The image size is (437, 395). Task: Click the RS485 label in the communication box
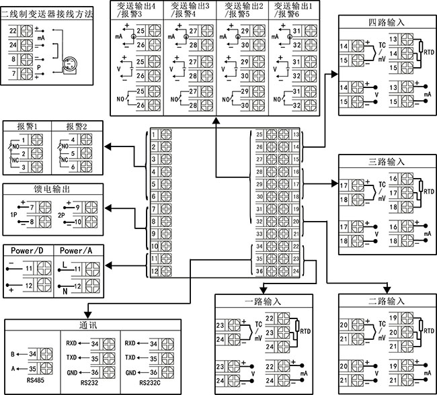(x=36, y=380)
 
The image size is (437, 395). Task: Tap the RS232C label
(x=150, y=383)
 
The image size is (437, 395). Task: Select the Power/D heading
(x=27, y=251)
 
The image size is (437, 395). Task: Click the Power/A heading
(x=76, y=251)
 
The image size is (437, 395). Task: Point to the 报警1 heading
(x=27, y=126)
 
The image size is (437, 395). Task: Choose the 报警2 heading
(x=77, y=126)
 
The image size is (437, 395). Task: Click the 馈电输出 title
(x=52, y=189)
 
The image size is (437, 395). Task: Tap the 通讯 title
(x=88, y=325)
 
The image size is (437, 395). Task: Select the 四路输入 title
(x=387, y=22)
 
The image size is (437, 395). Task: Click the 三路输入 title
(x=387, y=162)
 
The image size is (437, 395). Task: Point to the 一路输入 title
(x=263, y=302)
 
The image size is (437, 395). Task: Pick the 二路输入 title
(x=387, y=301)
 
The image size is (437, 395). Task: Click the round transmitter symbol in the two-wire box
(x=69, y=64)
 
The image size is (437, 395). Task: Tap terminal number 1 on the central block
(x=153, y=135)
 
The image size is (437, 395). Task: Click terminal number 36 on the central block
(x=260, y=271)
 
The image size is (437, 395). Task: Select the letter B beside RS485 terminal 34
(x=13, y=354)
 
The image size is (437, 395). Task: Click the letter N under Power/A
(x=65, y=292)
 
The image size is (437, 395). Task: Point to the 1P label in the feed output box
(x=13, y=215)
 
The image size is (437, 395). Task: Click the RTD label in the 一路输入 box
(x=305, y=331)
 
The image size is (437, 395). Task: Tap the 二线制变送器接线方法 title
(x=47, y=13)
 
